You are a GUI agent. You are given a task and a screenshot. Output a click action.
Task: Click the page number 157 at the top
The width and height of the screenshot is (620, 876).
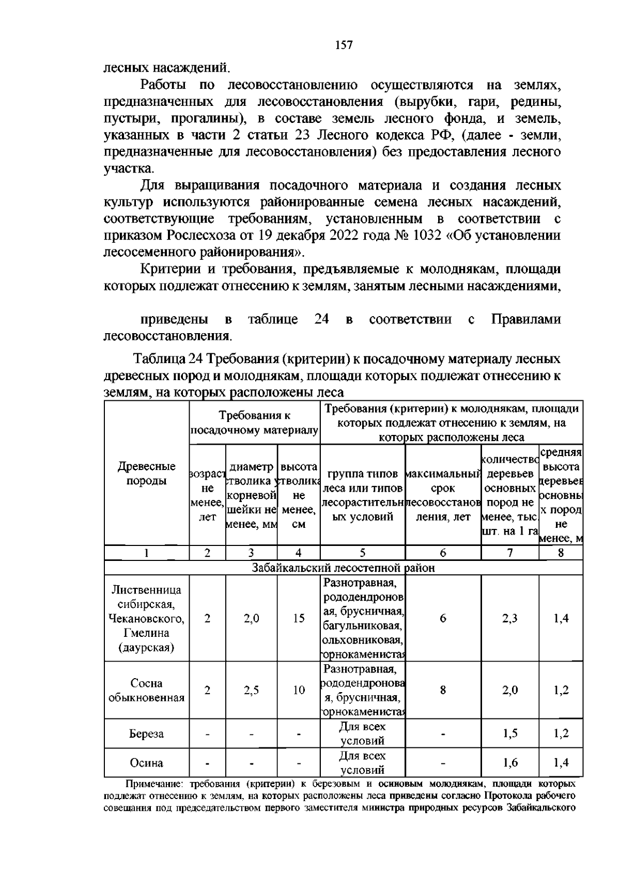pos(344,45)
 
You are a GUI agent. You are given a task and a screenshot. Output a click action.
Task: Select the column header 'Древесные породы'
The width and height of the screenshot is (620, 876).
pos(147,474)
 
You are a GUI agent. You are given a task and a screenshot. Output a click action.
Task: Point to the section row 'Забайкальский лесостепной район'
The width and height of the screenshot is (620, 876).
pos(343,568)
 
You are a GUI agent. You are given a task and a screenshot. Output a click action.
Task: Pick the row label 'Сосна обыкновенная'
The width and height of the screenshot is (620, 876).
pos(147,691)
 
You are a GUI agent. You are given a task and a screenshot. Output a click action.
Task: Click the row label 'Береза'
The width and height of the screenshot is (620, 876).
pos(147,734)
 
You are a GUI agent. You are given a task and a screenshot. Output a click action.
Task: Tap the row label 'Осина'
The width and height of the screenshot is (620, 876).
pos(147,763)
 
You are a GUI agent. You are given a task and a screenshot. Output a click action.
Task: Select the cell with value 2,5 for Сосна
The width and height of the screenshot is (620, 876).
pos(251,691)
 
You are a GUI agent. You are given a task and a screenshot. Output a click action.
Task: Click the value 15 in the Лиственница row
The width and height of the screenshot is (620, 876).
pos(299,618)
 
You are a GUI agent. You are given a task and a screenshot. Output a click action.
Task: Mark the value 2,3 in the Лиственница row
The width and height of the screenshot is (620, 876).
pos(509,618)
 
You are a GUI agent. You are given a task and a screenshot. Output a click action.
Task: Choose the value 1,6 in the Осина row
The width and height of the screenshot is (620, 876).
pos(509,763)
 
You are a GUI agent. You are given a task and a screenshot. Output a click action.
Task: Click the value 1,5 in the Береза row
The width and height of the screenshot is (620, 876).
pos(509,734)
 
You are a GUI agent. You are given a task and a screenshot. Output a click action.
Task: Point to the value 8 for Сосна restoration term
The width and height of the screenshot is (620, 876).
pos(443,691)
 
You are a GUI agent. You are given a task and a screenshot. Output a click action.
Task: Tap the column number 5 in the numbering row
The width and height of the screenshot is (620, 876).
pos(363,553)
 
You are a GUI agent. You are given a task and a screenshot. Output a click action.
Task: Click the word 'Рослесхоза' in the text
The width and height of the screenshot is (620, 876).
pos(195,236)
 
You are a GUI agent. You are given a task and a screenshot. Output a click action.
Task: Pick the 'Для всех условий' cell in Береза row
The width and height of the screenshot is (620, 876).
pos(362,734)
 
